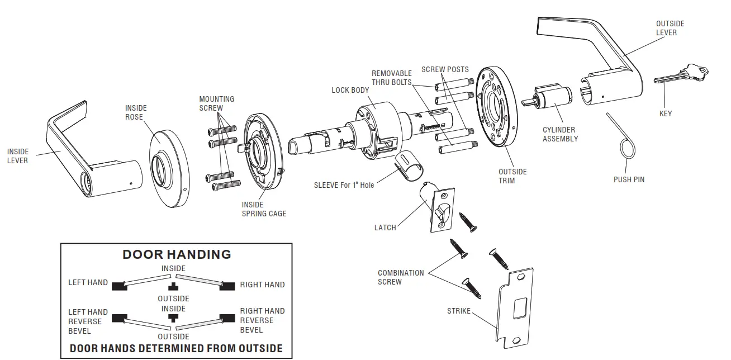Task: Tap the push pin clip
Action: [628, 146]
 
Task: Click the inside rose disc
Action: [168, 168]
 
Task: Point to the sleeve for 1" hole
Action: [410, 166]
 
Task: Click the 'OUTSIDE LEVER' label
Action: [670, 28]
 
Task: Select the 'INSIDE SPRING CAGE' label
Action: [264, 209]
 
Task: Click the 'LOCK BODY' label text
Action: [350, 90]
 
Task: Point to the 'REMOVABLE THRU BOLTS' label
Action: [392, 78]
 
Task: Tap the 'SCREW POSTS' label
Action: [445, 69]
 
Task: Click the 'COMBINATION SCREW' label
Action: [401, 277]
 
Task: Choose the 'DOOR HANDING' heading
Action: [177, 254]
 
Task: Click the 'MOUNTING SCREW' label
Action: [217, 103]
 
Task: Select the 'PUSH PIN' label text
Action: [629, 179]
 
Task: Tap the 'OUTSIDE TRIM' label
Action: [512, 176]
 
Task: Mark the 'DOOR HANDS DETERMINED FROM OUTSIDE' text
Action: [176, 349]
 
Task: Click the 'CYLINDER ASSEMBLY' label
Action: [560, 134]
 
